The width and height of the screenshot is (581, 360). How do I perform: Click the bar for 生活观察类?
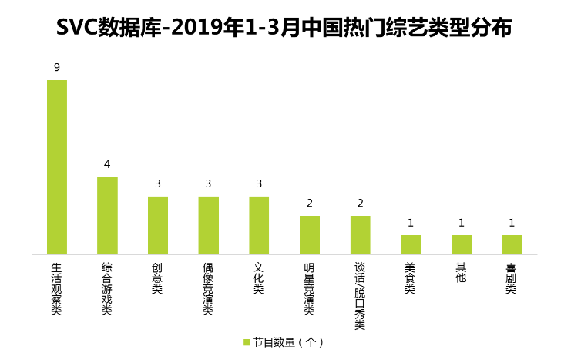pyautogui.click(x=57, y=167)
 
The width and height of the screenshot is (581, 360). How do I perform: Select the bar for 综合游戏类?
pyautogui.click(x=107, y=216)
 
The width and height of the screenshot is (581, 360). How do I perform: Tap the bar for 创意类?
pyautogui.click(x=158, y=225)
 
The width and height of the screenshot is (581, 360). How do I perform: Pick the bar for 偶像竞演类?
pyautogui.click(x=209, y=225)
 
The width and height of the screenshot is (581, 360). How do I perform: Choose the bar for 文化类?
pyautogui.click(x=260, y=225)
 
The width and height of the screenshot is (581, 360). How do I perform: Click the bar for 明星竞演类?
pyautogui.click(x=310, y=235)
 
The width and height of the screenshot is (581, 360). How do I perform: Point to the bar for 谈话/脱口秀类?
pyautogui.click(x=361, y=235)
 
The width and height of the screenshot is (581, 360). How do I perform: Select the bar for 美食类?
pyautogui.click(x=411, y=244)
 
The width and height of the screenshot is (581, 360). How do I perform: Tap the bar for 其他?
pyautogui.click(x=462, y=244)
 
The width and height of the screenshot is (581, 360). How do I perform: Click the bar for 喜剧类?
pyautogui.click(x=512, y=244)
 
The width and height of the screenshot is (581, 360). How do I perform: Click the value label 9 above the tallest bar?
pyautogui.click(x=57, y=68)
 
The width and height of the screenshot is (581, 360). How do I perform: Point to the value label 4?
pyautogui.click(x=107, y=164)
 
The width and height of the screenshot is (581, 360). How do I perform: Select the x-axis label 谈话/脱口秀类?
pyautogui.click(x=361, y=296)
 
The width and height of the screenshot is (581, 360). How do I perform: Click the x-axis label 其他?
pyautogui.click(x=462, y=273)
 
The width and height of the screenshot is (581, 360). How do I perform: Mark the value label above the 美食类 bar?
pyautogui.click(x=411, y=223)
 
